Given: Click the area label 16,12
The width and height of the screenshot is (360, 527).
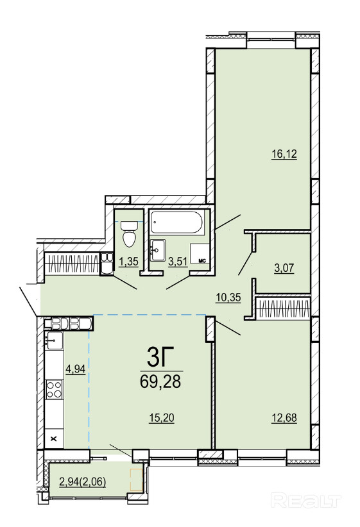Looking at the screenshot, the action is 284,155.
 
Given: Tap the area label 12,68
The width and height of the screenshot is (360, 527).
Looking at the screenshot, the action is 284,418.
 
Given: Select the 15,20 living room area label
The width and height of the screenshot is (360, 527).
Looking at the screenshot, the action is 162,418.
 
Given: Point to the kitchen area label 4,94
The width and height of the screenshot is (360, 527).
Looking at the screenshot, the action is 75,369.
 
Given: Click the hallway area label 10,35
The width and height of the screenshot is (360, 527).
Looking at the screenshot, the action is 228,297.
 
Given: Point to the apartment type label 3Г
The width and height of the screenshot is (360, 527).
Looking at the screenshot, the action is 160,358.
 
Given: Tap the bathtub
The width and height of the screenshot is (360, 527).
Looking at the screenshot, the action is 176,222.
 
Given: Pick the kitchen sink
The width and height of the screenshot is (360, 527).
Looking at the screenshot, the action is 54,340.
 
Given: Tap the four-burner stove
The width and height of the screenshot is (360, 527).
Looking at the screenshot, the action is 54,389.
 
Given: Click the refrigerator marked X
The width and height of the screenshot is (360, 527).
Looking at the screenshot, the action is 54,439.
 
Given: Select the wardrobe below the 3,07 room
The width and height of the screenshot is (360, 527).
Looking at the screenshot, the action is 282,308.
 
